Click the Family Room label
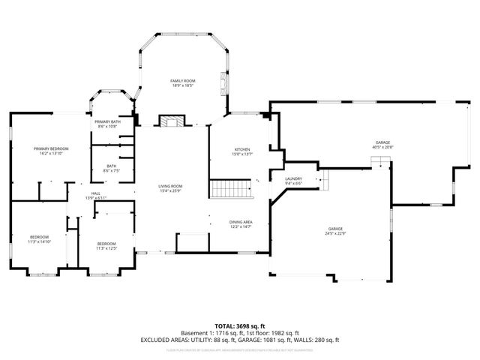click(x=182, y=80)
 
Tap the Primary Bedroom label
click(x=51, y=149)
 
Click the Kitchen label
click(x=242, y=150)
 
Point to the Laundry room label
click(x=293, y=178)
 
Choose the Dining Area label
click(x=241, y=222)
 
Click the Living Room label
click(x=170, y=186)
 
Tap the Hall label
click(x=96, y=193)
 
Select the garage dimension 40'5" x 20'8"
click(x=382, y=147)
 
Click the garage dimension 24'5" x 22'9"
click(x=334, y=233)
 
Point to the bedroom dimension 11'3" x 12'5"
click(x=106, y=248)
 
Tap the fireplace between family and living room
click(x=169, y=121)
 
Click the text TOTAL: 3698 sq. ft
click(x=240, y=326)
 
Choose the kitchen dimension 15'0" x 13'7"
click(x=242, y=155)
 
